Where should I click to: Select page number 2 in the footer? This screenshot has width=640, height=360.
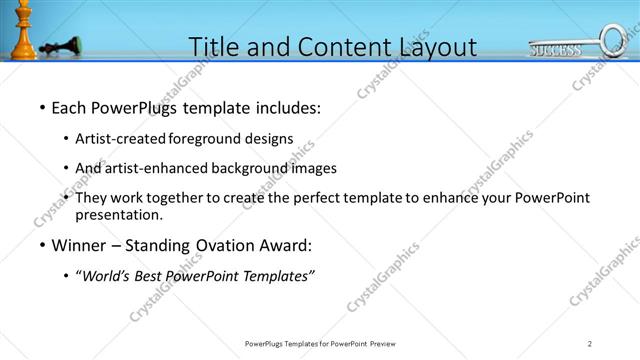click(590, 344)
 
